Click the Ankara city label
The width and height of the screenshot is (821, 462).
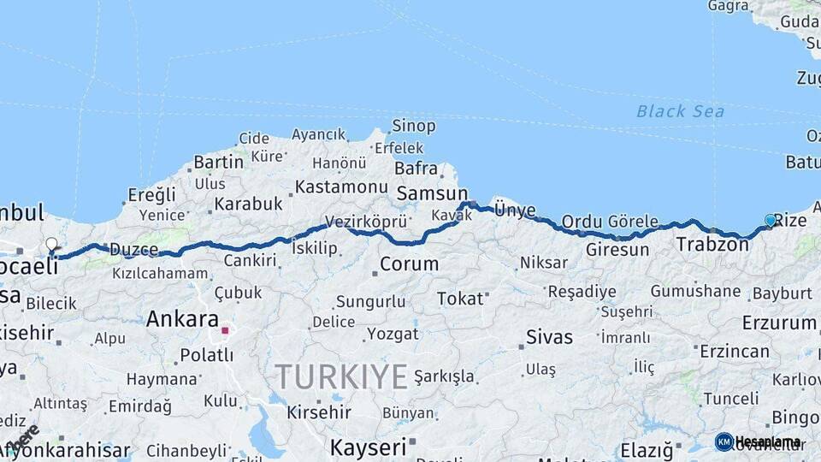[182, 319]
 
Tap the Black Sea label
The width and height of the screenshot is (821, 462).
[680, 111]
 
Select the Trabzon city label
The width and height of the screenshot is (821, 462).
[712, 245]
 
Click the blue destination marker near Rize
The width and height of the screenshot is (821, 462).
[770, 221]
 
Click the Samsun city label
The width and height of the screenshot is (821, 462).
[431, 193]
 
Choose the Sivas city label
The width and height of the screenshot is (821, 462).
[549, 336]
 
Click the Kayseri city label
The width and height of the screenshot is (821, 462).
[368, 447]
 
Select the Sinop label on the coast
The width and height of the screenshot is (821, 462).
[414, 127]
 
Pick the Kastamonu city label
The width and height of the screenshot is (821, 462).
[341, 187]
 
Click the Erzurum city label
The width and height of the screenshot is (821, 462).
[778, 323]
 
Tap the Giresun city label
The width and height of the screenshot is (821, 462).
[617, 250]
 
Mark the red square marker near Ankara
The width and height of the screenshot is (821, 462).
[225, 330]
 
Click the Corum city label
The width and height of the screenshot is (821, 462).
[409, 264]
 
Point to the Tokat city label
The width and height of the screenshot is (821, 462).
[460, 299]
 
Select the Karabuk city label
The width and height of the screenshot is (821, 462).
[248, 204]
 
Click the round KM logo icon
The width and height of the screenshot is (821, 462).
[724, 441]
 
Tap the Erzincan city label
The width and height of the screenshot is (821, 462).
[734, 352]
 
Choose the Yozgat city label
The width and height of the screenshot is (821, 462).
[393, 333]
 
